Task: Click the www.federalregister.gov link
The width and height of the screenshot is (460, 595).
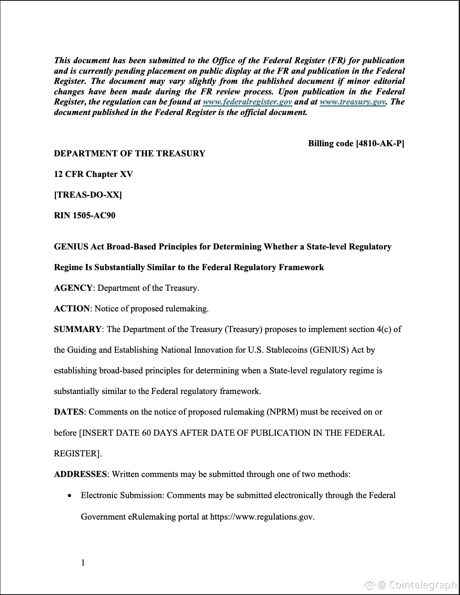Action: coord(247,102)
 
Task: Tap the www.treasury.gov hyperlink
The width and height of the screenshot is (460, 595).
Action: coord(352,102)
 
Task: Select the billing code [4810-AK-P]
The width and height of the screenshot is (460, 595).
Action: coord(356,143)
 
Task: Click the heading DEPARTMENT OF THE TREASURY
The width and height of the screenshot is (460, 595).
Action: coord(129,153)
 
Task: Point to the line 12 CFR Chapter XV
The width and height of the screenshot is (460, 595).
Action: coord(93,174)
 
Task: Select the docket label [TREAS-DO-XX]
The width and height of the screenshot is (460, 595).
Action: coord(88,195)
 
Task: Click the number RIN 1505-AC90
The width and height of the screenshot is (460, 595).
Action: coord(84,215)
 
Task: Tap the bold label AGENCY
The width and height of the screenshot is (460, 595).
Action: coord(73,288)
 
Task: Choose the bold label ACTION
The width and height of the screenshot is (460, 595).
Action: coord(72,308)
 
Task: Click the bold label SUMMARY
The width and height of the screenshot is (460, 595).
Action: coord(78,329)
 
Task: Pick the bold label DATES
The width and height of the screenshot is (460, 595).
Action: coord(69,412)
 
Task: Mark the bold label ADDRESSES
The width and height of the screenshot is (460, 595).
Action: coord(80,474)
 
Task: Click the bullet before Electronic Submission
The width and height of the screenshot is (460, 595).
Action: coord(70,496)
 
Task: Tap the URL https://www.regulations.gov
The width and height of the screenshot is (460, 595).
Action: coord(262,517)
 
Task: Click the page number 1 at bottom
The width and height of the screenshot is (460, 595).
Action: coord(83,563)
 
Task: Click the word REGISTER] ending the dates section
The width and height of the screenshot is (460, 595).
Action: coord(78,453)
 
